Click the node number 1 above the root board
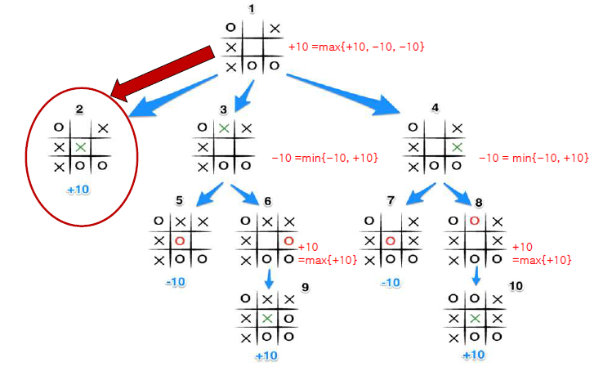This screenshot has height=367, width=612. point(251,8)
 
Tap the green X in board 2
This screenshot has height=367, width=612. point(79,147)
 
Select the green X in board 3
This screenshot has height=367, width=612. point(224,128)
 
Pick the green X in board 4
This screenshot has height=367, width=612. point(458,147)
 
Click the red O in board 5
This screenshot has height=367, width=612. point(180,241)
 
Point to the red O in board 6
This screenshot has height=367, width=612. point(288,241)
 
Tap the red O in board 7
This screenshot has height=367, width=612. point(391,241)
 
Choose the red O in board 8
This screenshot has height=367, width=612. point(475,222)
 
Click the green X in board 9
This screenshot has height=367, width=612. point(267,318)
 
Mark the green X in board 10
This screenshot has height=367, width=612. point(475,318)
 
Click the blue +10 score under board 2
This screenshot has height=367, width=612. point(78,189)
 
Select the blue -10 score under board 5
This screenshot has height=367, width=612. point(174,282)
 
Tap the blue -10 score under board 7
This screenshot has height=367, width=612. point(391,282)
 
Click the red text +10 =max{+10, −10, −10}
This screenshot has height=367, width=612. point(356,48)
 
